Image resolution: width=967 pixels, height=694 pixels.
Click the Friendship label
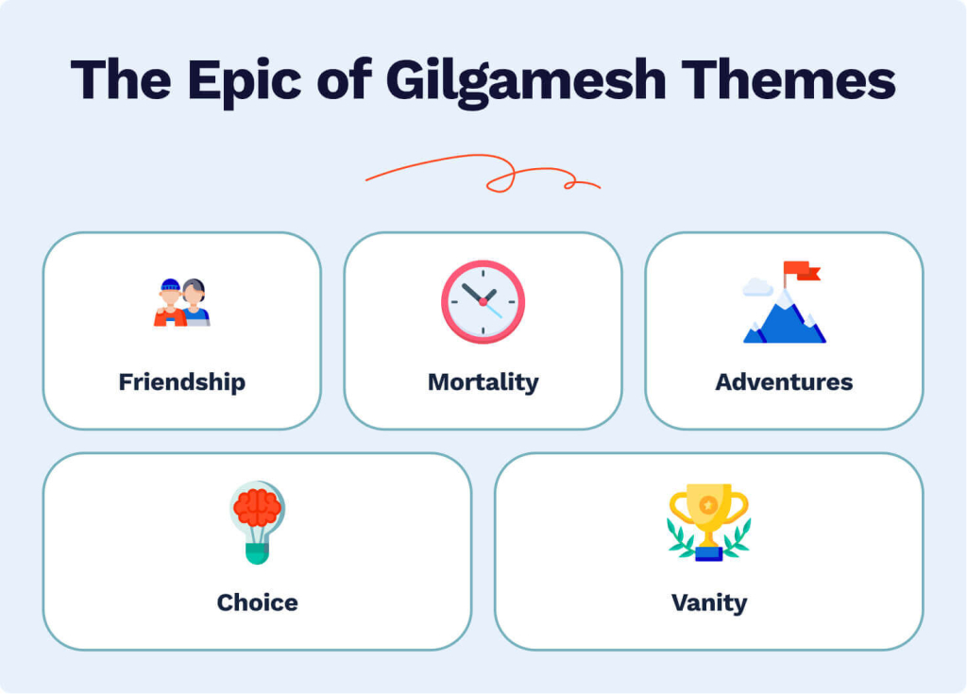[181, 382]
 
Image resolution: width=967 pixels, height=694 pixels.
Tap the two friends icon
[181, 302]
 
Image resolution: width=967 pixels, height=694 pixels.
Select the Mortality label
[483, 382]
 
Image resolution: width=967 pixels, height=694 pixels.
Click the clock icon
[483, 302]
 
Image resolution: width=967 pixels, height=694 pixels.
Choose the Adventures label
[784, 382]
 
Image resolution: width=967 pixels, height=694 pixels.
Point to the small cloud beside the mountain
[757, 287]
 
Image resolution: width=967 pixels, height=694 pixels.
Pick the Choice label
[257, 602]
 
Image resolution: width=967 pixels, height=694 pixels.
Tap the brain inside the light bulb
[257, 508]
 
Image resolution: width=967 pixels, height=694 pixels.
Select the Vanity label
[708, 602]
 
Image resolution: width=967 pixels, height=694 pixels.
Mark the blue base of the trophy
[708, 553]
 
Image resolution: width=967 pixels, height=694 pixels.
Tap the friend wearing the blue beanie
[170, 303]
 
